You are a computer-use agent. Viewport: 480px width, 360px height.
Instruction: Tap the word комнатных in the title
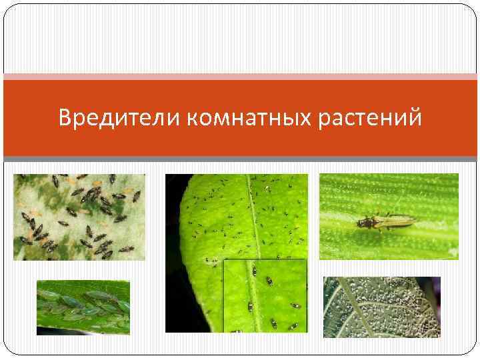(249, 118)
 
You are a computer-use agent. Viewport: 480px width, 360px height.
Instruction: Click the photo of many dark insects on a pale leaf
(79, 217)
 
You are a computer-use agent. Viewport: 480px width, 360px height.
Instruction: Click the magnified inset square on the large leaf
(265, 295)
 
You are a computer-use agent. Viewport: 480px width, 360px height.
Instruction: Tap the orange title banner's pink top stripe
(240, 77)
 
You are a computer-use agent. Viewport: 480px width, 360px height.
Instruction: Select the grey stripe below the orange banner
(240, 159)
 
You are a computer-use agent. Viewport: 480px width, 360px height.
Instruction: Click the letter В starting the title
(65, 118)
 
